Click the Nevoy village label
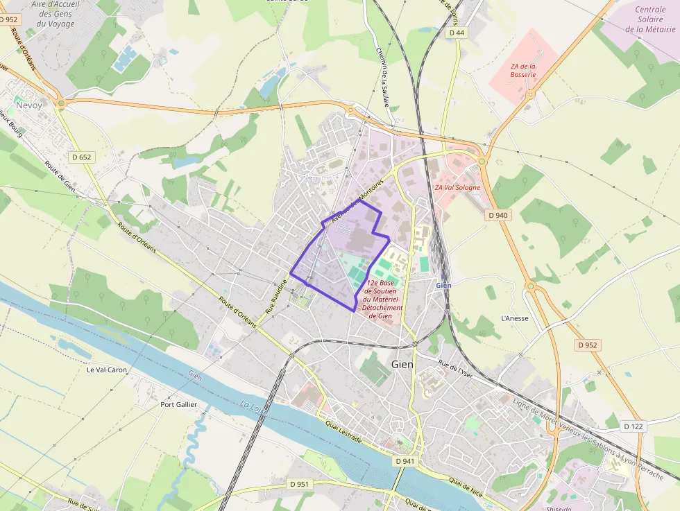(29, 105)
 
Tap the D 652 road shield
(81, 157)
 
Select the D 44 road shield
(456, 33)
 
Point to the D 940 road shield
(498, 215)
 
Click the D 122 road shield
(633, 426)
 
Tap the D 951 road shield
(299, 483)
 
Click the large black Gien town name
(402, 364)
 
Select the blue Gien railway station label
(444, 285)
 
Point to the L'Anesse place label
(515, 318)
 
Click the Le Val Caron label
(107, 370)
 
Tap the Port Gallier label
(178, 404)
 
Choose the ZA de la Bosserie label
(523, 70)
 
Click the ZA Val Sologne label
(457, 187)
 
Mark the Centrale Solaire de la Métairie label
(650, 19)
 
